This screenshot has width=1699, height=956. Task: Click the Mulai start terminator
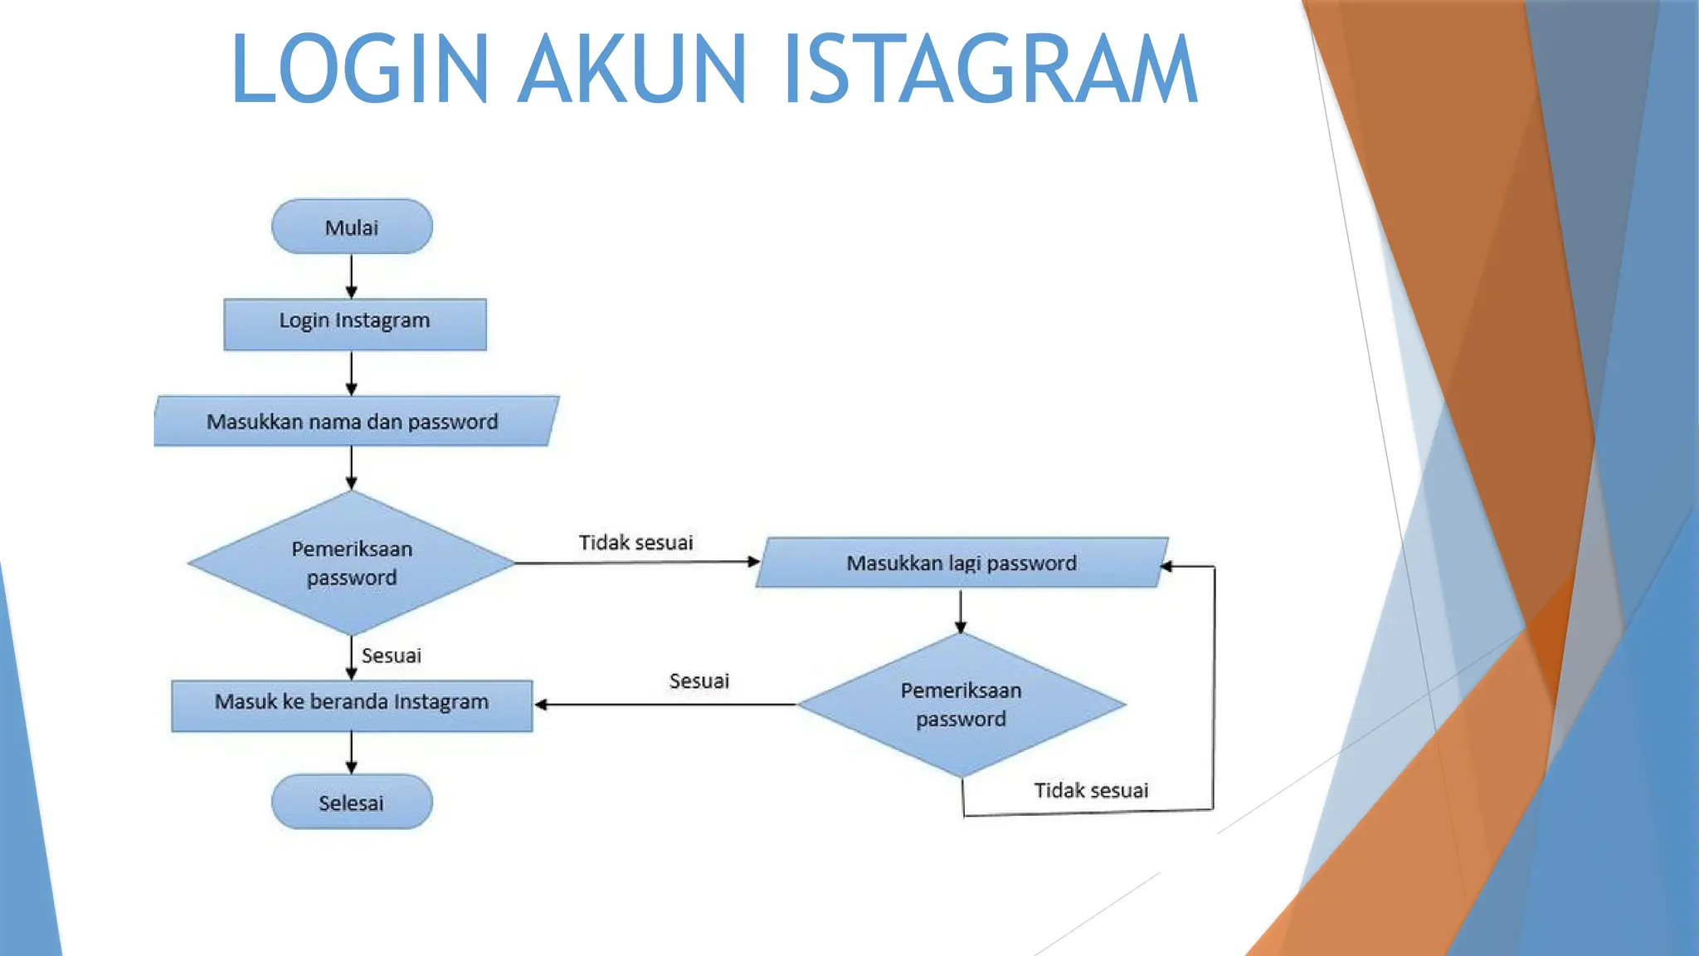pyautogui.click(x=352, y=227)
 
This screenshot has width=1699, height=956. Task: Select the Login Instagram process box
pyautogui.click(x=355, y=324)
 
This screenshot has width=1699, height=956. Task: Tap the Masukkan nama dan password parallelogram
pyautogui.click(x=355, y=422)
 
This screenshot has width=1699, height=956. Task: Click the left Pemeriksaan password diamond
pyautogui.click(x=352, y=563)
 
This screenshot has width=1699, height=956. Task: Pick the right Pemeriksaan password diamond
pyautogui.click(x=961, y=705)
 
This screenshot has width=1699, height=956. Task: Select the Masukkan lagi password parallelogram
pyautogui.click(x=961, y=563)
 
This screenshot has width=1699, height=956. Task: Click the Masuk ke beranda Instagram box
pyautogui.click(x=352, y=705)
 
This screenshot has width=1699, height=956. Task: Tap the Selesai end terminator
pyautogui.click(x=352, y=802)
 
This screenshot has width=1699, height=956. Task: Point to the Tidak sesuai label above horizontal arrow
pyautogui.click(x=635, y=543)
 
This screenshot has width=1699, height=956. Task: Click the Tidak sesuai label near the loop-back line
pyautogui.click(x=1090, y=790)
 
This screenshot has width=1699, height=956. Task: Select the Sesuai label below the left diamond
pyautogui.click(x=392, y=656)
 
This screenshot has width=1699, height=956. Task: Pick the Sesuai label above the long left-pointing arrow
pyautogui.click(x=699, y=681)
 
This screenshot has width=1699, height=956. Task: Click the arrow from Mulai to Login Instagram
pyautogui.click(x=352, y=276)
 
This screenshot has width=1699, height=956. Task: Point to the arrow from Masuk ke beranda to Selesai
pyautogui.click(x=352, y=753)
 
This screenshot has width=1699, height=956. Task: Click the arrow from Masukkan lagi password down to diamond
pyautogui.click(x=961, y=612)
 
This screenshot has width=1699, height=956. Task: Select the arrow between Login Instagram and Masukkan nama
pyautogui.click(x=352, y=373)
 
